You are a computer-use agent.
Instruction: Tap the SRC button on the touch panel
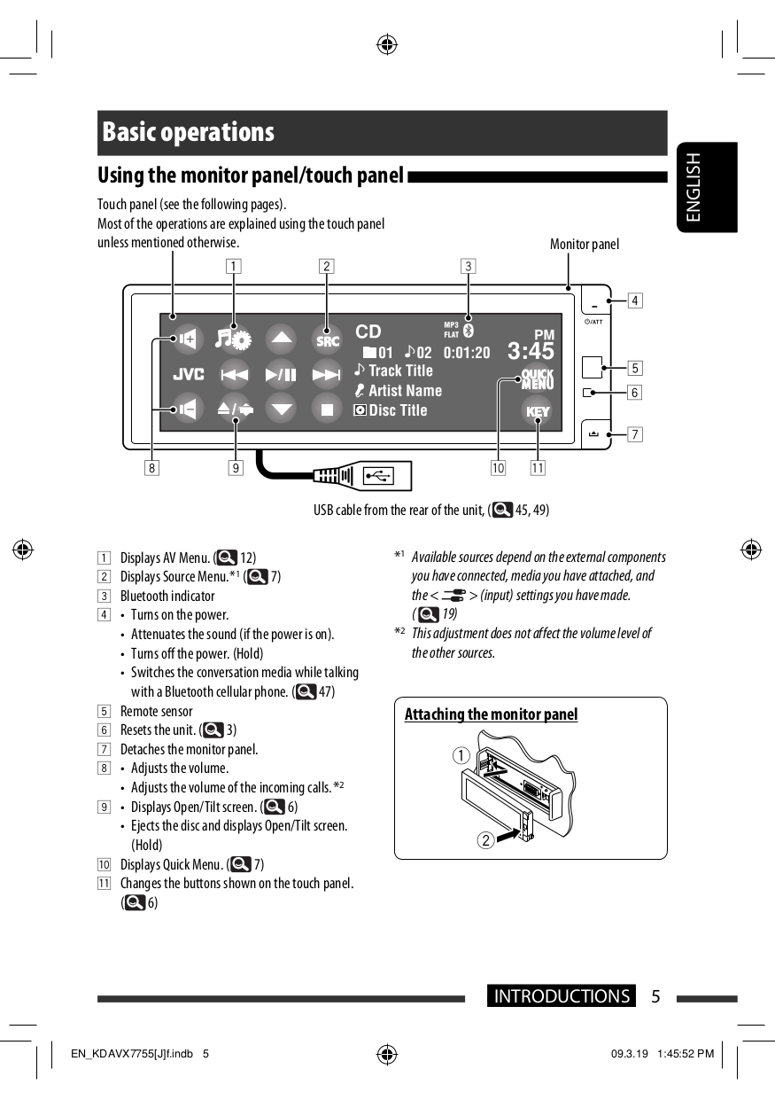pyautogui.click(x=327, y=339)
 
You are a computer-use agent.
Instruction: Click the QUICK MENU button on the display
pyautogui.click(x=537, y=378)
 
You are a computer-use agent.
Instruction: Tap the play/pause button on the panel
pyautogui.click(x=281, y=375)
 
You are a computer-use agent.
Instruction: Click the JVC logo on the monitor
pyautogui.click(x=188, y=375)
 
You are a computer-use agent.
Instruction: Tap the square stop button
pyautogui.click(x=327, y=410)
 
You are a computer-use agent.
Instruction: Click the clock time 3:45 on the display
pyautogui.click(x=531, y=351)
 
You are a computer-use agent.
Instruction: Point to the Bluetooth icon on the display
pyautogui.click(x=469, y=330)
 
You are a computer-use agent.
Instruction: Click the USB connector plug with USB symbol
pyautogui.click(x=382, y=477)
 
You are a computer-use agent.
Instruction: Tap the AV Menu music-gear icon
pyautogui.click(x=235, y=339)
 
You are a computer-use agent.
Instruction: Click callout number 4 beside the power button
pyautogui.click(x=635, y=300)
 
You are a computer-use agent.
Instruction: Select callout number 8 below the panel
pyautogui.click(x=153, y=467)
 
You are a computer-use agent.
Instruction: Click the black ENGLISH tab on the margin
pyautogui.click(x=706, y=187)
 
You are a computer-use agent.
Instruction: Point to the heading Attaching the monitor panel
pyautogui.click(x=491, y=714)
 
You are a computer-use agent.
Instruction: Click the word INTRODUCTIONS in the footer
pyautogui.click(x=562, y=996)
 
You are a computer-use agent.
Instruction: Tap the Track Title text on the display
pyautogui.click(x=400, y=371)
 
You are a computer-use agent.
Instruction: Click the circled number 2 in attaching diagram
pyautogui.click(x=485, y=840)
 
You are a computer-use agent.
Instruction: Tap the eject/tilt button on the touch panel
pyautogui.click(x=235, y=410)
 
